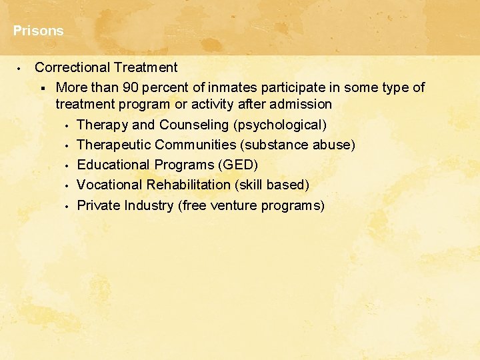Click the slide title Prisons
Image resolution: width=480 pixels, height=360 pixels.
pyautogui.click(x=38, y=31)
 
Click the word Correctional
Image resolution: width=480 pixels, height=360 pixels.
pyautogui.click(x=72, y=67)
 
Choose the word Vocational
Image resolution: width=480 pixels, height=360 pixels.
pyautogui.click(x=109, y=185)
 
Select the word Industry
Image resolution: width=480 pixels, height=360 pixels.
pyautogui.click(x=150, y=205)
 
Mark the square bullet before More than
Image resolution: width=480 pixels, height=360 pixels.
pyautogui.click(x=42, y=88)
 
